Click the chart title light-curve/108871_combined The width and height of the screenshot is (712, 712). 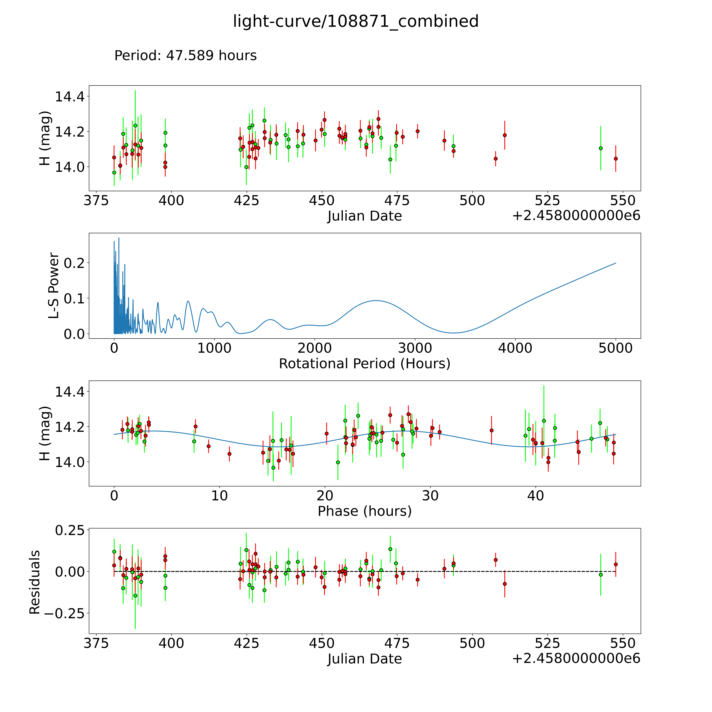(356, 21)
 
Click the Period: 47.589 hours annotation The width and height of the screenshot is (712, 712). (185, 56)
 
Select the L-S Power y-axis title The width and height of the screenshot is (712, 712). (54, 286)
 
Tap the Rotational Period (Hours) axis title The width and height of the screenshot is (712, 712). (364, 364)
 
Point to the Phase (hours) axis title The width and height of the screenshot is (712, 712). (364, 511)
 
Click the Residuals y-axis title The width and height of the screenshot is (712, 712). (35, 582)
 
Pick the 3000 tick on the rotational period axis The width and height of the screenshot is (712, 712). (415, 348)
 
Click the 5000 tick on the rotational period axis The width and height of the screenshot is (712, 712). (615, 348)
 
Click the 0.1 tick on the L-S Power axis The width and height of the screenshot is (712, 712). (74, 299)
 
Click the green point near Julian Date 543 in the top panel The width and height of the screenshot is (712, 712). (601, 148)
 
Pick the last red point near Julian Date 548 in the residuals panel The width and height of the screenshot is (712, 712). (615, 564)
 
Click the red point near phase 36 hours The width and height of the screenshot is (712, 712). (491, 430)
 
